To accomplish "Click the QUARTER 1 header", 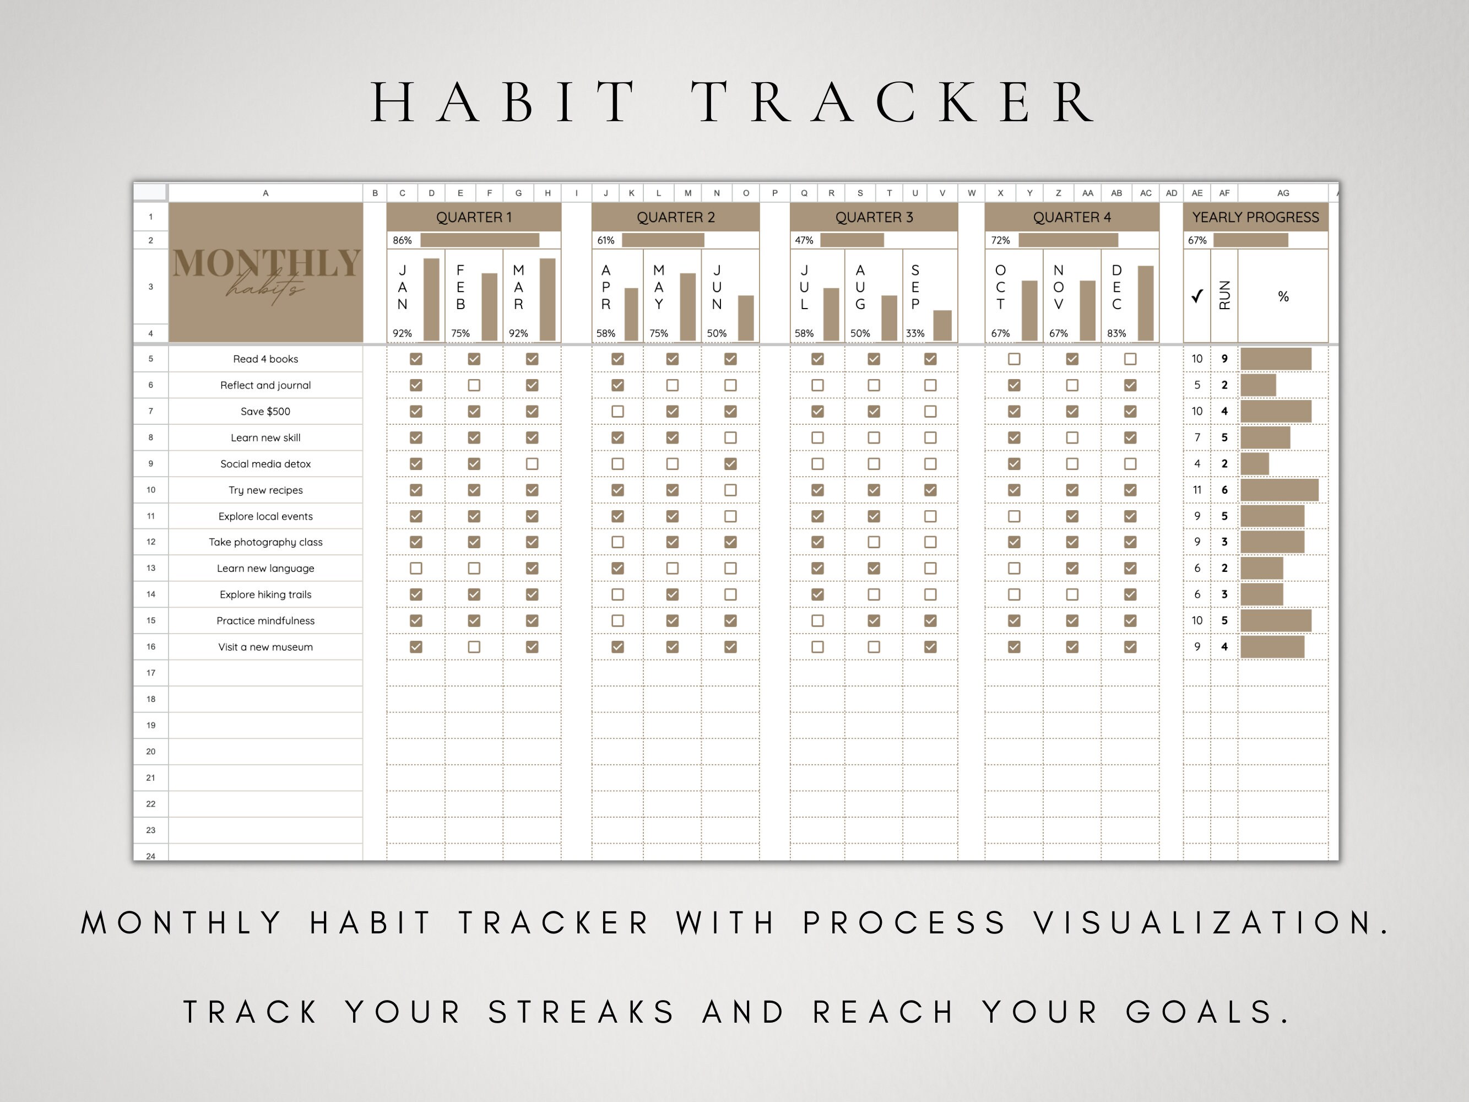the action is tap(474, 217).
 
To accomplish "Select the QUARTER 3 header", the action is tap(874, 217).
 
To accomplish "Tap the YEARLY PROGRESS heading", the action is tap(1255, 217).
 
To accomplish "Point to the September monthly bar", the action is tap(942, 326).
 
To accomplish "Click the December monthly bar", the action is tap(1146, 304).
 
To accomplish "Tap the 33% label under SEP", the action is tap(915, 333).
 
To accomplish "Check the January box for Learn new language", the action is tap(416, 569).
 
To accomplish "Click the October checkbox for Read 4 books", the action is tap(1014, 359).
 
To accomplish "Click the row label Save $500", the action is tap(265, 412).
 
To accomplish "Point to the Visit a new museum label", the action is tap(265, 647).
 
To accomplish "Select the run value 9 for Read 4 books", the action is tap(1224, 359).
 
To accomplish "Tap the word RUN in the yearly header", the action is tap(1224, 295).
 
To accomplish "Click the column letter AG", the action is tap(1283, 193).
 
